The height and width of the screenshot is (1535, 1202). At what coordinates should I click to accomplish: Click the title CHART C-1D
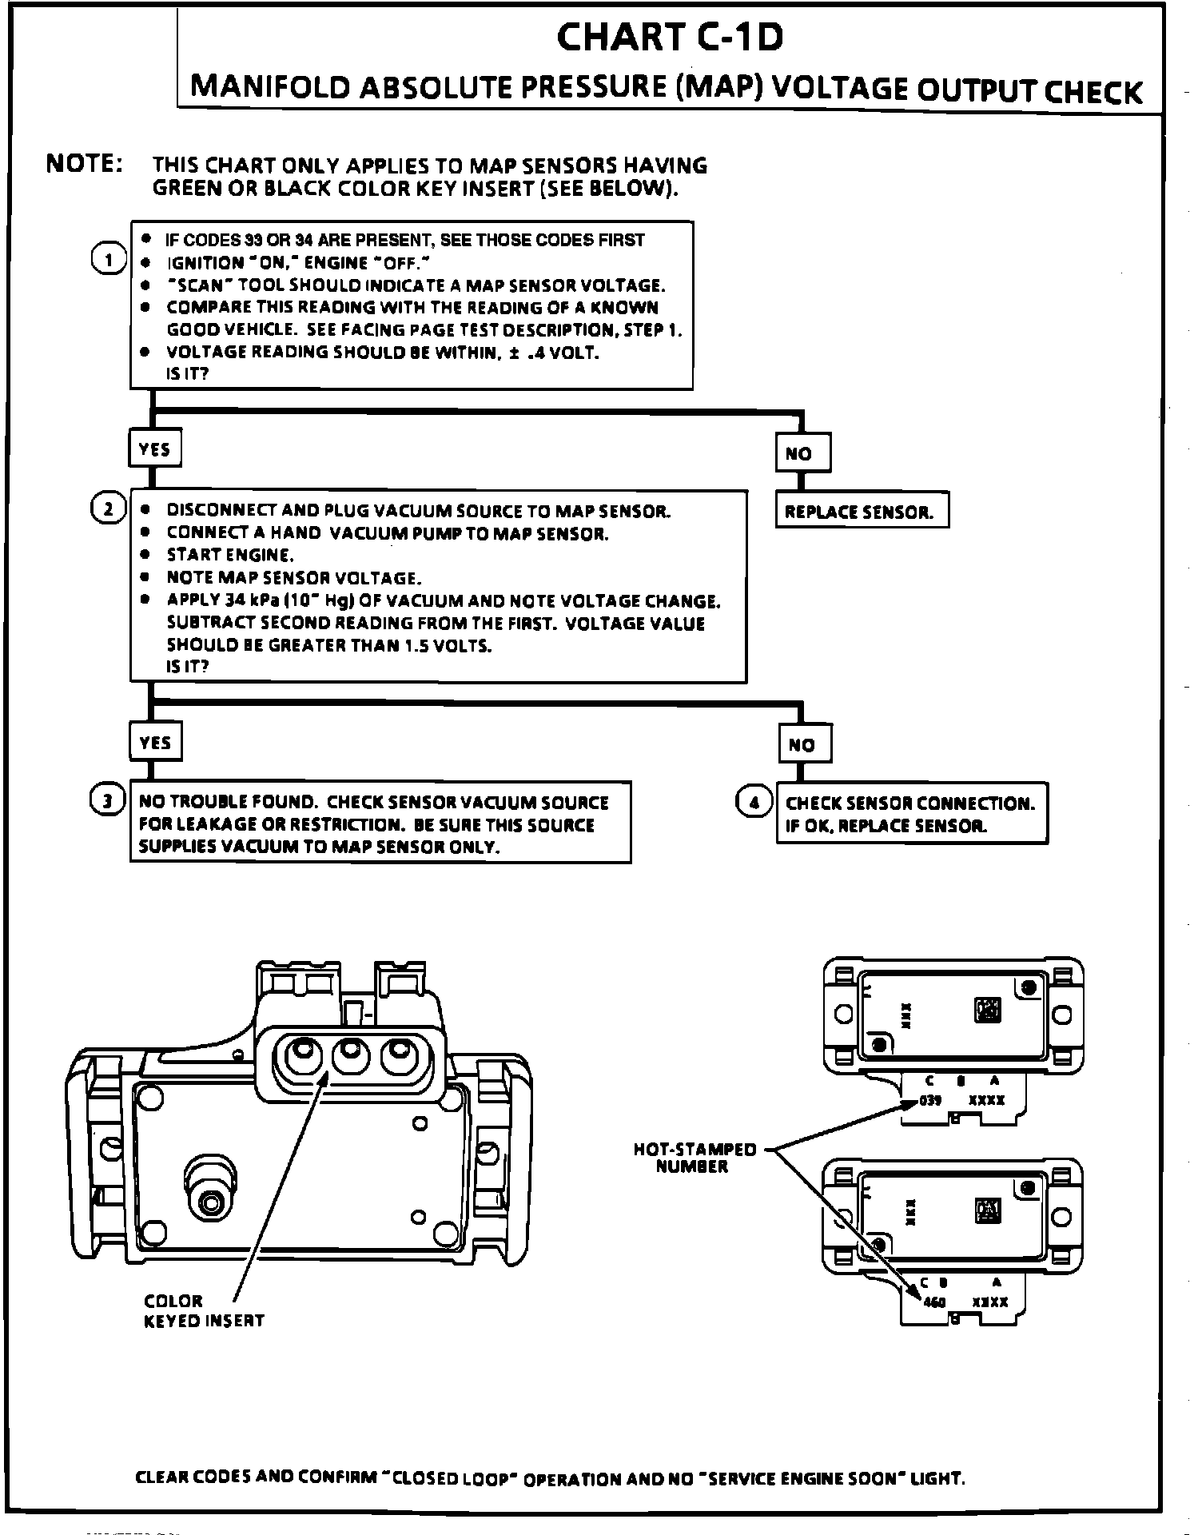670,37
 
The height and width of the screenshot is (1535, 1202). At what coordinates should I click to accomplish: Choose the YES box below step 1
155,449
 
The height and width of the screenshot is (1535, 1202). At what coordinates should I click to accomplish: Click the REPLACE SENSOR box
861,512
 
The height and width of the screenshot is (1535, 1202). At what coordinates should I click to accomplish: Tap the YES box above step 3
155,743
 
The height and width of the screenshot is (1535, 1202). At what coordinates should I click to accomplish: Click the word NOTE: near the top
84,163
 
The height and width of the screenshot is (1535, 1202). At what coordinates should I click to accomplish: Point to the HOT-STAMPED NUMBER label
694,1158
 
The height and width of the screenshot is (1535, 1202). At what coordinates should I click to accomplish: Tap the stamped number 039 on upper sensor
931,1100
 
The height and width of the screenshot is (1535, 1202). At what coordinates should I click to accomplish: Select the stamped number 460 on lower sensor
934,1302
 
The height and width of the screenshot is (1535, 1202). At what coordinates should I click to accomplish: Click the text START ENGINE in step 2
230,555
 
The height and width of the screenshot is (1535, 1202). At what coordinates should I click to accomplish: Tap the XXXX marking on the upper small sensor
987,1100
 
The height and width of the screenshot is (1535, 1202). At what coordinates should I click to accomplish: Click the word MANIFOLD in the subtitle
270,87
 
